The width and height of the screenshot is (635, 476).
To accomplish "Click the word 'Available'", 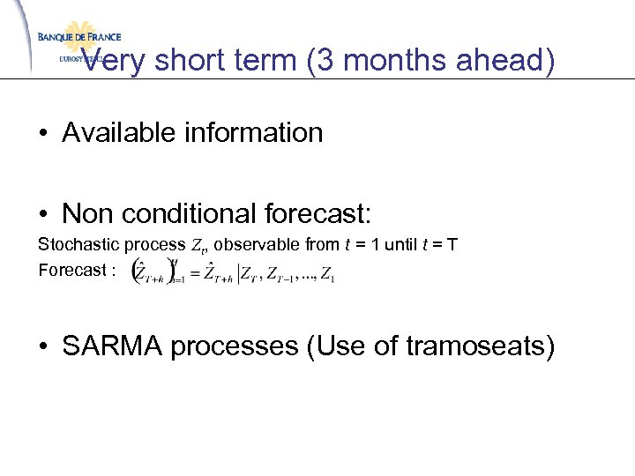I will [122, 133].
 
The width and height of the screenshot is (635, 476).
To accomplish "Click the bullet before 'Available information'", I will [42, 134].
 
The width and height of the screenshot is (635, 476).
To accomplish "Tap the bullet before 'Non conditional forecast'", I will [42, 213].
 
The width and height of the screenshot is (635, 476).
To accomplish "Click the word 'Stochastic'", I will [73, 244].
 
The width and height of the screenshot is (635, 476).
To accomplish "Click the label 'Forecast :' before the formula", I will [77, 270].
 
